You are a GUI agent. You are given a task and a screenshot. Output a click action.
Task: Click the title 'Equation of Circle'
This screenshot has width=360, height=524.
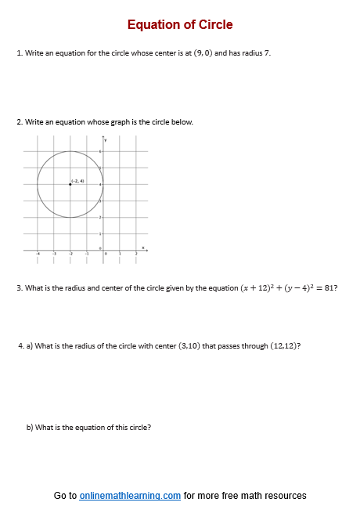coord(180,24)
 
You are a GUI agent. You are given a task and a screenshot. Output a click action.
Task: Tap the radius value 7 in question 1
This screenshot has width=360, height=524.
coord(267,53)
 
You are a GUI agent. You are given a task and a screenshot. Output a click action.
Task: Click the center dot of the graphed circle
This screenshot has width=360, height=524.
coord(70,184)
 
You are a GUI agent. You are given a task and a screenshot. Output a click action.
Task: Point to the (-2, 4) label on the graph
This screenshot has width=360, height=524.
coord(77,181)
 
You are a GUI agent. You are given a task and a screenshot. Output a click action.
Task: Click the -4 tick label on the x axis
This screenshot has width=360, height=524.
coord(37,254)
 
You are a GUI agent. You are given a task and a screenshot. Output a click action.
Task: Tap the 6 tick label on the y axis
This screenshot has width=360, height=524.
coord(99,151)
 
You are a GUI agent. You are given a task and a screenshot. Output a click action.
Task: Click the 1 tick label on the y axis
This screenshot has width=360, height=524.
coord(99,233)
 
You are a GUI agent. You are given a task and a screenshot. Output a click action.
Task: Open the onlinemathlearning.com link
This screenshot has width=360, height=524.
coord(130,496)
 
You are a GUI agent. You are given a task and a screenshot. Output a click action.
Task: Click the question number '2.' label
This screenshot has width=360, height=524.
coord(19,122)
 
